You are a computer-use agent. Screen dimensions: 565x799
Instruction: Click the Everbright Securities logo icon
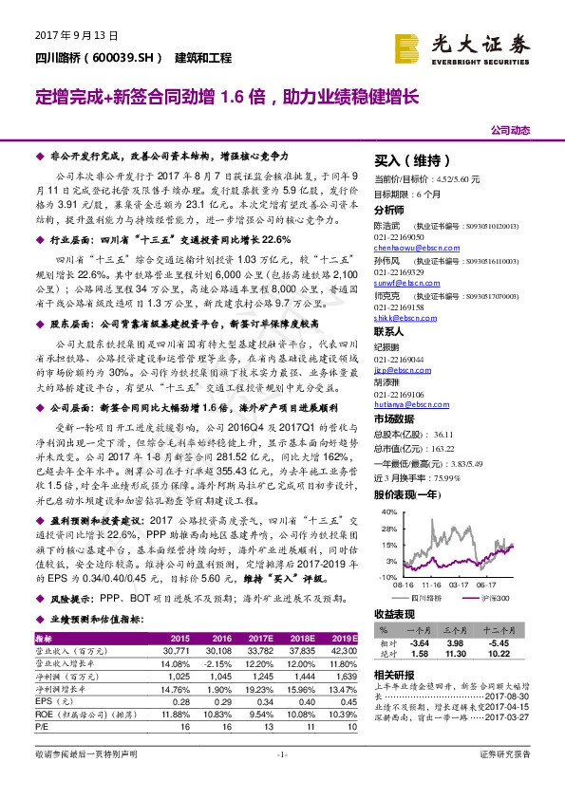[409, 45]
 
